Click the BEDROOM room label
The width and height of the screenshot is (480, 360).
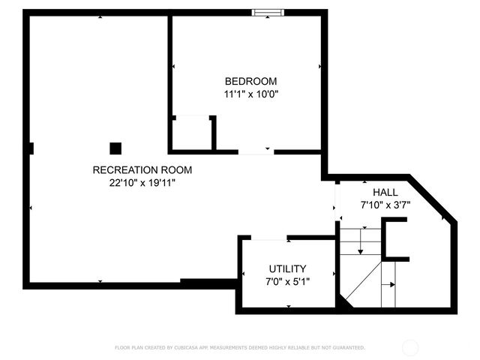251,81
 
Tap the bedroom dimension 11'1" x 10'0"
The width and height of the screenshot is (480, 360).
251,94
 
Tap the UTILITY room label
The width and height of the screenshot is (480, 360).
287,268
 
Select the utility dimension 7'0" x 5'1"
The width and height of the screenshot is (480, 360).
287,282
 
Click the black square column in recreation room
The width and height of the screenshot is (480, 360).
115,148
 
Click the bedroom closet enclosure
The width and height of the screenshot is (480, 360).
193,133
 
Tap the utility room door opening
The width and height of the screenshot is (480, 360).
268,238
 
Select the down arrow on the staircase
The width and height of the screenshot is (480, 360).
361,244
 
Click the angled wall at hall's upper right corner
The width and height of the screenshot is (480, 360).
431,199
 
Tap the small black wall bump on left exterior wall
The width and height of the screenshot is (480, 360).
30,148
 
